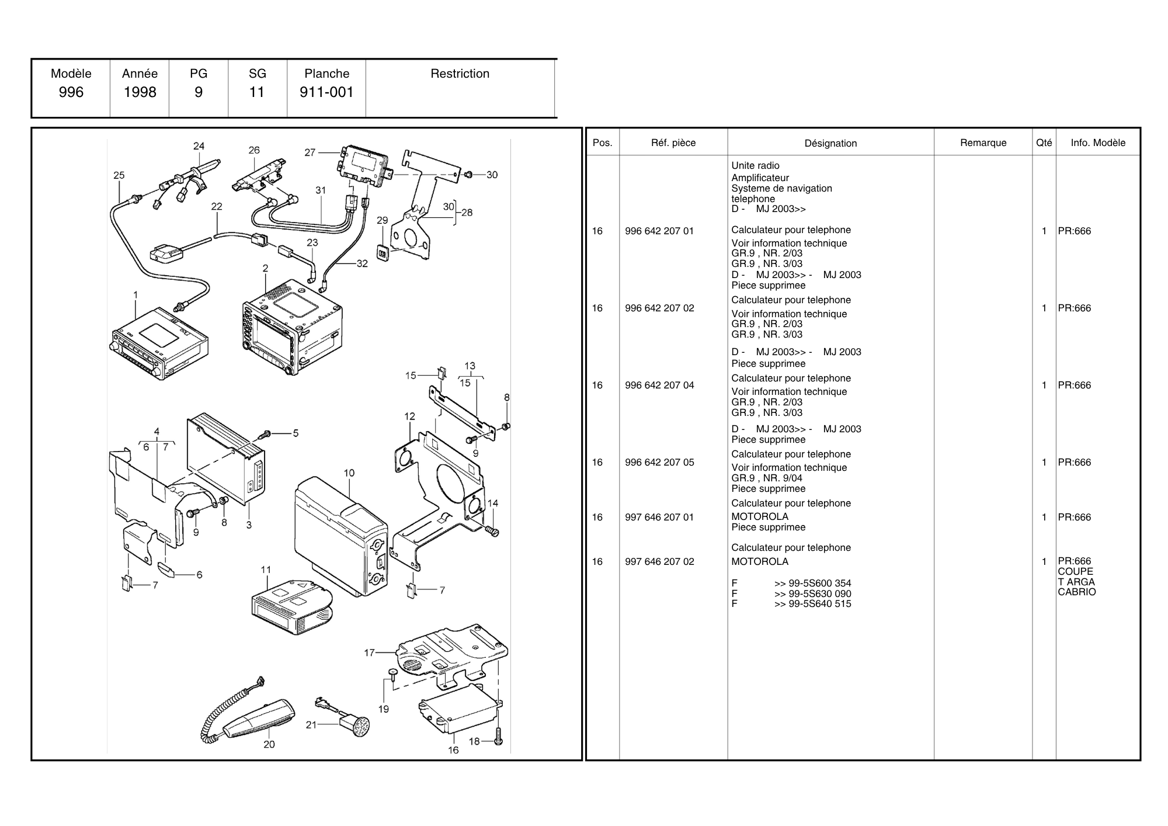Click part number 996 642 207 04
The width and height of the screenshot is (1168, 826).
pos(659,386)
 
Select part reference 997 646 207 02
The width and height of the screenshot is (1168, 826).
pos(659,562)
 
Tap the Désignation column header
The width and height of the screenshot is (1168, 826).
pos(830,143)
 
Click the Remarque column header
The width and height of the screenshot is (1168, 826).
pos(983,143)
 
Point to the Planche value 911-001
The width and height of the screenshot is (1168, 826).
pos(326,92)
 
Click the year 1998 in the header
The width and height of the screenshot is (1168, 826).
pos(140,92)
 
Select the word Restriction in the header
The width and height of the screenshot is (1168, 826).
pos(460,74)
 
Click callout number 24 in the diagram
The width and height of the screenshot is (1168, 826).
pos(199,146)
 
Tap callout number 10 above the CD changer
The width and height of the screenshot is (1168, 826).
pos(349,473)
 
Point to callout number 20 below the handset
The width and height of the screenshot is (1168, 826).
pos(269,744)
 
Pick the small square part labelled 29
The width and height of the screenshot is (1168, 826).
pos(383,254)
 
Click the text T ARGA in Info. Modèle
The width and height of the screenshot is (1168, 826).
pos(1076,582)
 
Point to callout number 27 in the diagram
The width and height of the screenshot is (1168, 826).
pos(310,152)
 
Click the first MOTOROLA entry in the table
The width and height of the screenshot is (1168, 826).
pos(760,516)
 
